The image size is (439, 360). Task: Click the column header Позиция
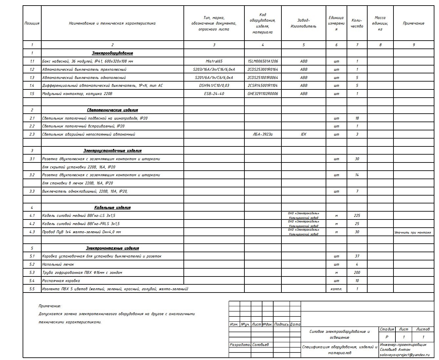pos(32,23)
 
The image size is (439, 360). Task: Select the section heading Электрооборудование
pos(112,53)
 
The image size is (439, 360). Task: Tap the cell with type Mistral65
pos(214,61)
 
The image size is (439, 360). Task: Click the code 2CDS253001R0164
pos(263,69)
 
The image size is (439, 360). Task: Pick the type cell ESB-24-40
pos(214,94)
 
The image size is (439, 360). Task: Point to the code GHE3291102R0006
pos(263,94)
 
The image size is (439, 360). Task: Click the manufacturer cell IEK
pos(303,134)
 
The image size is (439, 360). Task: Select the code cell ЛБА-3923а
pos(263,134)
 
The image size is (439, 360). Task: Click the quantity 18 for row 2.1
pos(357,118)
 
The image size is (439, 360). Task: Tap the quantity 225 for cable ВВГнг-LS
pos(357,216)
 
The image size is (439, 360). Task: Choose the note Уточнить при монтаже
pos(413,232)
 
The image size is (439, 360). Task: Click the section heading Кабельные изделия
pos(112,208)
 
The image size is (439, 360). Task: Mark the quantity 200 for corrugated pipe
pos(357,273)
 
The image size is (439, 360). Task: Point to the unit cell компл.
pos(336,289)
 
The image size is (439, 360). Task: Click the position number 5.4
pos(32,281)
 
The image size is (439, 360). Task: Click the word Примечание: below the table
pos(50,306)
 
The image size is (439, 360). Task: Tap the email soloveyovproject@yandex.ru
pos(405,355)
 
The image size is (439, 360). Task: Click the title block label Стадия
pos(387,329)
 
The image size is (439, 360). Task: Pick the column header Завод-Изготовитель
pos(303,23)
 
